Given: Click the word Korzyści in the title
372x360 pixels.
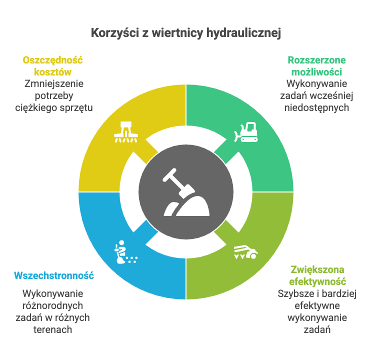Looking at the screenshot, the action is tap(115, 32).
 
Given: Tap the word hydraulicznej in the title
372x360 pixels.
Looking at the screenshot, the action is tap(243, 33).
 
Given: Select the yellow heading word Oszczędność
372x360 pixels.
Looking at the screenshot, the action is tap(52, 61).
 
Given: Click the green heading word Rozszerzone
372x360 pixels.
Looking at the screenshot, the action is tap(316, 60).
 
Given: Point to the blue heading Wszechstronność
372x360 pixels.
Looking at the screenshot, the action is tap(54, 275).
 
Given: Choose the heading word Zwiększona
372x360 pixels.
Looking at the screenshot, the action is tap(317, 270).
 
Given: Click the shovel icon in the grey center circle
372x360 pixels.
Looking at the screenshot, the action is tap(186, 192).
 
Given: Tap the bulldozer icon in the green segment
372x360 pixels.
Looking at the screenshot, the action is tap(246, 132).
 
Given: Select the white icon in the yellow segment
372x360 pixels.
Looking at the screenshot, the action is tap(126, 132).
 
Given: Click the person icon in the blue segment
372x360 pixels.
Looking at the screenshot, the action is tap(125, 252).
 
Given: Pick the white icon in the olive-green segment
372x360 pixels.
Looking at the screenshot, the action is tap(246, 252).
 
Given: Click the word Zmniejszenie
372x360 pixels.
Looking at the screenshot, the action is tap(54, 84).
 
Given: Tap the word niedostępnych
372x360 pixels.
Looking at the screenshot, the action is tap(316, 108).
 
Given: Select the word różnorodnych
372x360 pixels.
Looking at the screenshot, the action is tap(52, 306).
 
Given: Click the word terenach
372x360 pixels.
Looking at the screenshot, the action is tap(52, 329).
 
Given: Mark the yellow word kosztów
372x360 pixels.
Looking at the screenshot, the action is tap(52, 72).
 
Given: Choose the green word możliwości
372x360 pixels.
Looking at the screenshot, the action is tap(316, 72).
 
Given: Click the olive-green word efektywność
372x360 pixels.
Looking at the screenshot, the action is tap(317, 282).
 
